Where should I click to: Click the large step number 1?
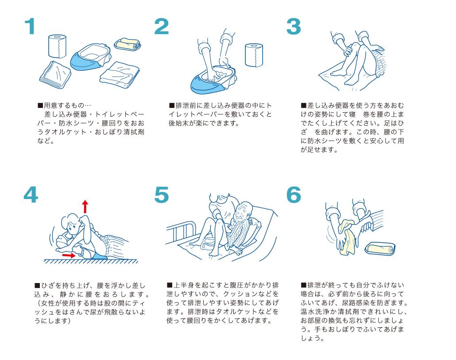30,26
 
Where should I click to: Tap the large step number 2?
162,27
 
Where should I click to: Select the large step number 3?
294,27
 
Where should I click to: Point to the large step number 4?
31,195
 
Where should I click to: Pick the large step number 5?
162,195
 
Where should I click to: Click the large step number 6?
294,195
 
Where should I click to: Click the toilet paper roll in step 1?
57,46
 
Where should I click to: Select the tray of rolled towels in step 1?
128,44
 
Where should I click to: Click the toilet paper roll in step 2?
254,55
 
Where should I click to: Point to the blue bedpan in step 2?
213,80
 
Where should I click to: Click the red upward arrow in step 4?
85,207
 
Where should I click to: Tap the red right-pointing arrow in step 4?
69,255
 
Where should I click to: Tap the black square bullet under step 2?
172,105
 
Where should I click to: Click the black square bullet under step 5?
169,285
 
